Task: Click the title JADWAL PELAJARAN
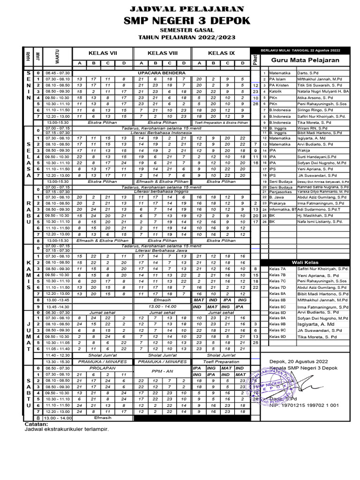click(x=187, y=8)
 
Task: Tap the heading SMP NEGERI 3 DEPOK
click(x=187, y=20)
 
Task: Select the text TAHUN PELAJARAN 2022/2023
click(x=187, y=37)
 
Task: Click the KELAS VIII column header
click(x=161, y=52)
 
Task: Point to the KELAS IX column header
click(x=221, y=52)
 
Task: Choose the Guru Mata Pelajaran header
click(x=306, y=60)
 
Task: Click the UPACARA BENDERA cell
click(x=161, y=73)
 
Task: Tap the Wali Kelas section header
click(x=306, y=262)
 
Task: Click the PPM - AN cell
click(x=161, y=371)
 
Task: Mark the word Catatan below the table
click(x=37, y=424)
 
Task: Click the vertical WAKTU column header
click(x=56, y=57)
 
